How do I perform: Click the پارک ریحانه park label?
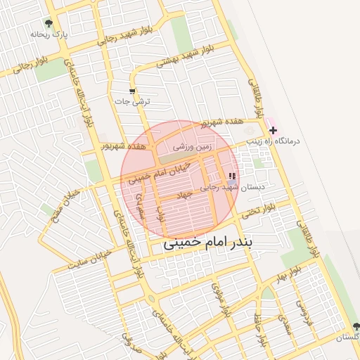click(x=48, y=33)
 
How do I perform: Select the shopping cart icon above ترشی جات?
click(x=132, y=91)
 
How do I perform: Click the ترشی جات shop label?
click(x=132, y=101)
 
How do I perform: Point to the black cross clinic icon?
click(x=273, y=130)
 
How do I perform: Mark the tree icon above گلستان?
click(x=356, y=326)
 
